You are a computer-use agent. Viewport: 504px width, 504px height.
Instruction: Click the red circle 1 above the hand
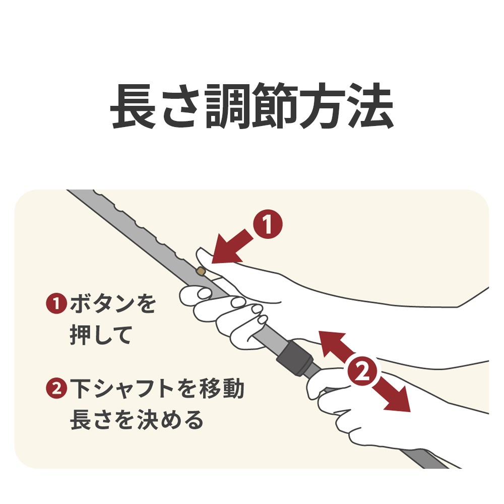tap(267, 225)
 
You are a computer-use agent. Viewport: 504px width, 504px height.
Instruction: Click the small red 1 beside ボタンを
tap(56, 304)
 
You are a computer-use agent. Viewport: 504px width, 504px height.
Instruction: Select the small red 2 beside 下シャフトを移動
tap(56, 388)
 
